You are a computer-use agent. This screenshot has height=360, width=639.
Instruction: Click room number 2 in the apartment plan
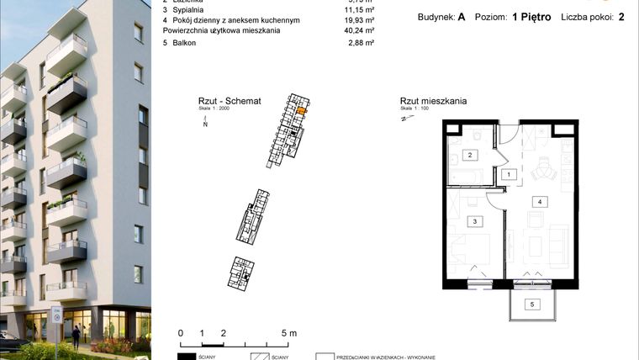point(473,155)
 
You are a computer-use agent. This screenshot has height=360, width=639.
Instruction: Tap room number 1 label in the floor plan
point(508,174)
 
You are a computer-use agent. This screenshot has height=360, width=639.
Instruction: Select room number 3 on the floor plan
point(475,220)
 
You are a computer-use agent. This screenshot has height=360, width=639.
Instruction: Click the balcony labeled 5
point(531,304)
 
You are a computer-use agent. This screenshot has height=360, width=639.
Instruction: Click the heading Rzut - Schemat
point(224,101)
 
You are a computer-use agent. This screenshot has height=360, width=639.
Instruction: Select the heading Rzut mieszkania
point(433,101)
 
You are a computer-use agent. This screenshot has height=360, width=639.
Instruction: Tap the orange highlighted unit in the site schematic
point(304,109)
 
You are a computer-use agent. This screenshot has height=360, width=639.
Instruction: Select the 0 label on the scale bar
point(181,333)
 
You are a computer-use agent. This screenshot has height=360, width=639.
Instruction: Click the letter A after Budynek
point(462,18)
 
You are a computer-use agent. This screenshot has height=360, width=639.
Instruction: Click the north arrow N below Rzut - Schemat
point(205,124)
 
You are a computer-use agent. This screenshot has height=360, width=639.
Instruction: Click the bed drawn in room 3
point(475,250)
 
